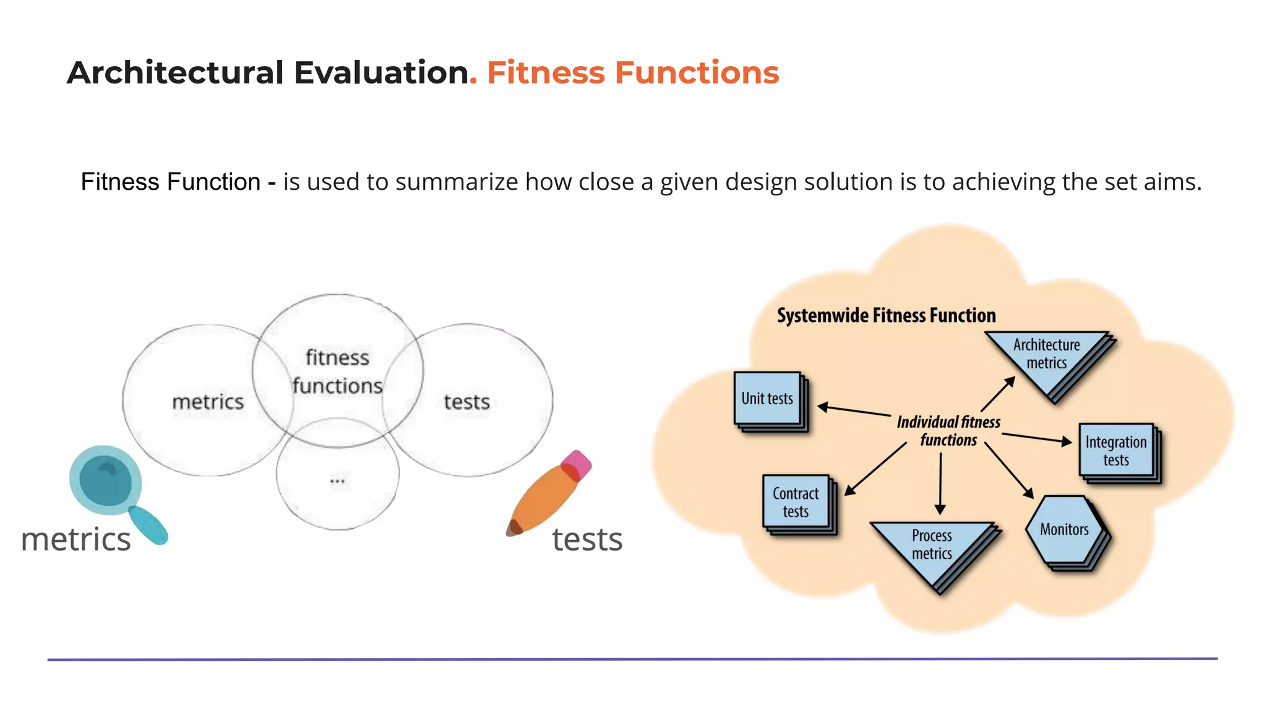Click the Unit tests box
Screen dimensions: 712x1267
[x=767, y=399]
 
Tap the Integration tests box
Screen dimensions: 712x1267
[x=1116, y=451]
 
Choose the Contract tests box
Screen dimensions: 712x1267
[x=796, y=502]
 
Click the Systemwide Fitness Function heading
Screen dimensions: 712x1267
[x=886, y=316]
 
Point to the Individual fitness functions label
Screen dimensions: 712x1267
[x=948, y=431]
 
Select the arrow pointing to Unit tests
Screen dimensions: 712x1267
[x=854, y=410]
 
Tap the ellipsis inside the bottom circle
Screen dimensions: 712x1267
[x=338, y=481]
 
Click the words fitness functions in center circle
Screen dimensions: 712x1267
[x=337, y=371]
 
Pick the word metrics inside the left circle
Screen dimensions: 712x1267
[x=208, y=402]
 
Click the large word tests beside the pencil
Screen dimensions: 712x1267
[x=586, y=539]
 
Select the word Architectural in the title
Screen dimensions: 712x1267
[x=175, y=73]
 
